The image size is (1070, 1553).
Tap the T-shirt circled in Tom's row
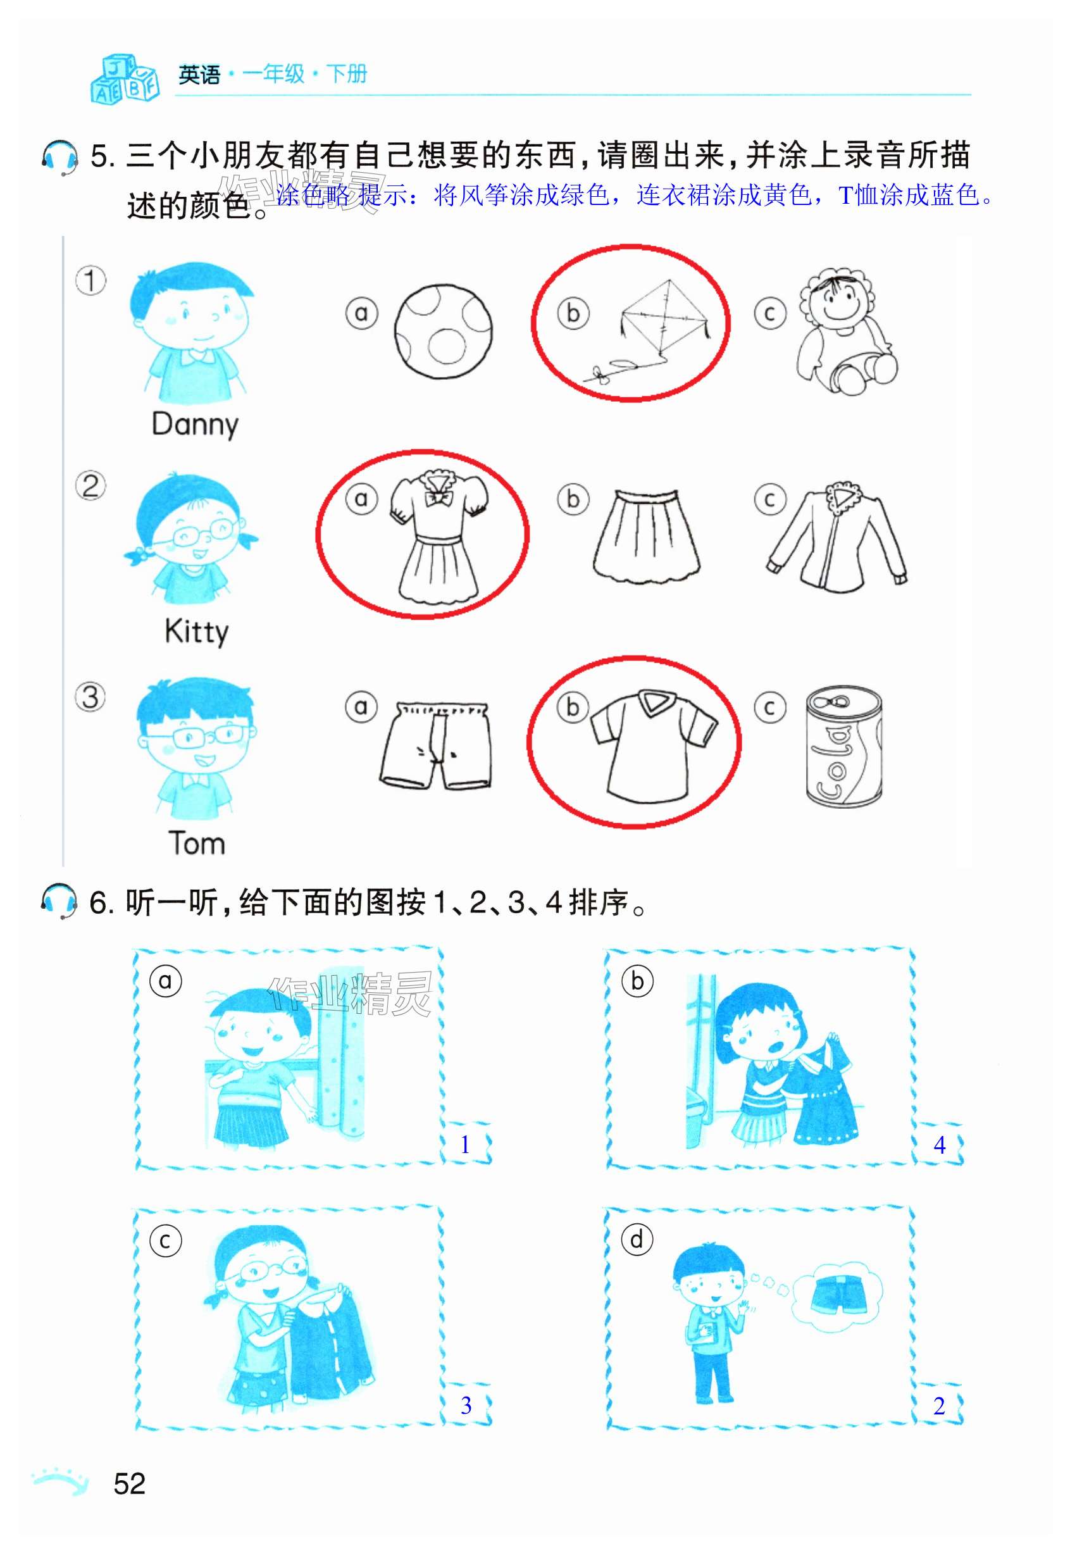(654, 744)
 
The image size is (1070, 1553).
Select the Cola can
(844, 746)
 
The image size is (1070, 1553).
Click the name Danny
(195, 425)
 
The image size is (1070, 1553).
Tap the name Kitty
(196, 632)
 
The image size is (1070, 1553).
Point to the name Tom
(196, 843)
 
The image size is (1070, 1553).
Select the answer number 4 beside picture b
(940, 1145)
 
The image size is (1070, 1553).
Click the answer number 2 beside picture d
(939, 1406)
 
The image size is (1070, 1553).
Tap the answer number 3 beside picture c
(466, 1406)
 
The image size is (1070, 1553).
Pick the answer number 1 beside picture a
(465, 1145)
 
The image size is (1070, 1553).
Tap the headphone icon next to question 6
(59, 901)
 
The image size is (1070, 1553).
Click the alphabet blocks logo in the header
(125, 78)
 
